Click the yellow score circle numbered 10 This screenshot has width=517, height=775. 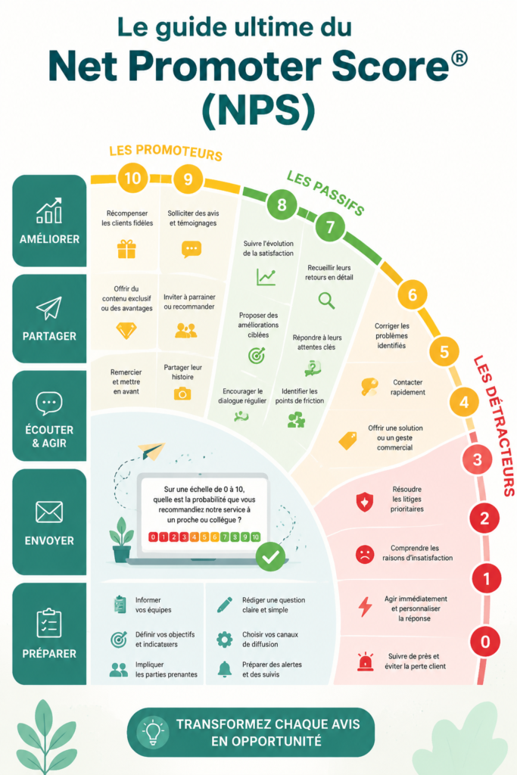(132, 178)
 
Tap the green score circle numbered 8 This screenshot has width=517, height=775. (282, 204)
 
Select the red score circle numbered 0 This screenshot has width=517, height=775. (485, 642)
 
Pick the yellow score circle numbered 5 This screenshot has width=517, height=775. (444, 351)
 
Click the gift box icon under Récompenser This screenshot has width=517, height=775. (126, 249)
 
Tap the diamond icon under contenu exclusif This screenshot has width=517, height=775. (126, 330)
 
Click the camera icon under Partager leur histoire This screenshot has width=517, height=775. (182, 394)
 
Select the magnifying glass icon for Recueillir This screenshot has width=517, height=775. (326, 300)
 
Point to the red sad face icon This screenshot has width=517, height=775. (365, 553)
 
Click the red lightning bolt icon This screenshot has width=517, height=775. (366, 606)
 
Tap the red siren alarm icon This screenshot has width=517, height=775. (366, 661)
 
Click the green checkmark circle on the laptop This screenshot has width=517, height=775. (270, 556)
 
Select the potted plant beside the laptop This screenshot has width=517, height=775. (122, 540)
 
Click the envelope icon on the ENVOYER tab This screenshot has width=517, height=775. (49, 512)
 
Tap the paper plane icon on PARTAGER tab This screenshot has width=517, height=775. (49, 308)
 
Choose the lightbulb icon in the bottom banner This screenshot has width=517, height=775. (153, 732)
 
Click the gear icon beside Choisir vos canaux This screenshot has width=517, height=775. (224, 640)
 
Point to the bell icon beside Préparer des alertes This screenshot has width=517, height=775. (224, 669)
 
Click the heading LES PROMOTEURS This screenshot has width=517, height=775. (166, 152)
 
